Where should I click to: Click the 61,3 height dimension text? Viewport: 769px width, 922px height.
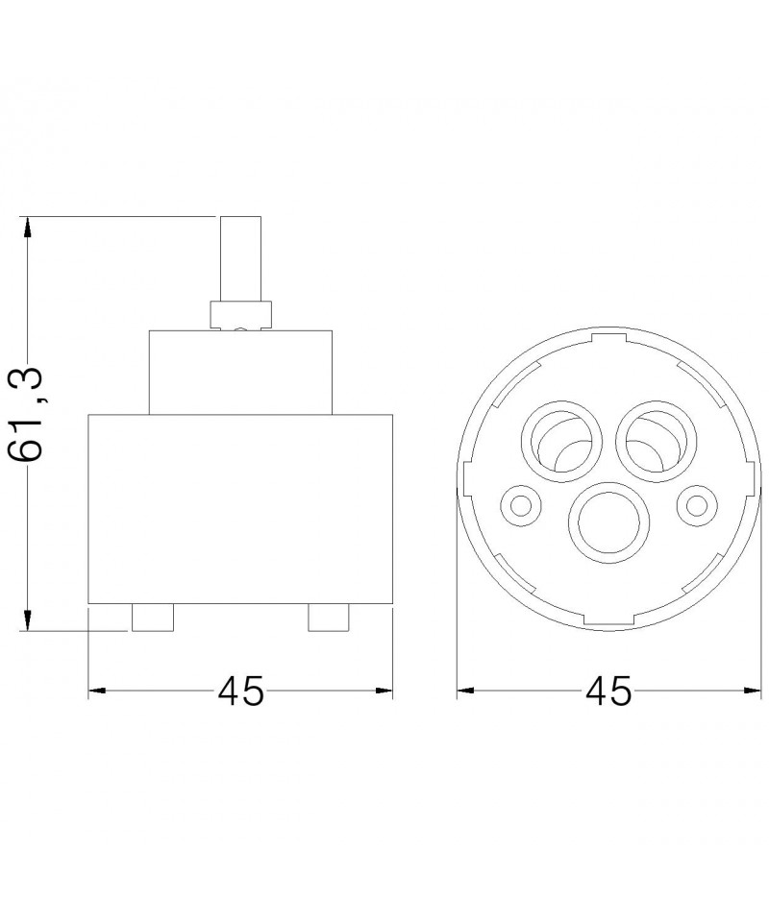(x=27, y=415)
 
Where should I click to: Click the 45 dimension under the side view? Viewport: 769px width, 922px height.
(x=240, y=691)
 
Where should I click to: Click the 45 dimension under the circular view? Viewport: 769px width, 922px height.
(x=608, y=691)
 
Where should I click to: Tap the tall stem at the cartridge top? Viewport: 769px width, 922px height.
(x=240, y=258)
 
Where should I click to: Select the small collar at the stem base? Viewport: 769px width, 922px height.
(x=240, y=315)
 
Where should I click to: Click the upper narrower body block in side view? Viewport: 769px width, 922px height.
(x=240, y=373)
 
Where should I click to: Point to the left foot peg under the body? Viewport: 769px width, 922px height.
(x=153, y=618)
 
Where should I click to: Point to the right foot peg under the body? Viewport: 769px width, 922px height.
(x=329, y=618)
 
